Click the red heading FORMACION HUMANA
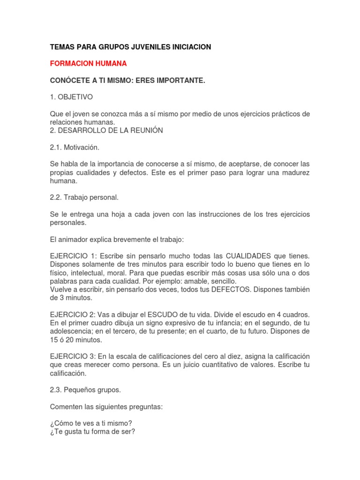[x=88, y=63]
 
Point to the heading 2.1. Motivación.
[x=75, y=147]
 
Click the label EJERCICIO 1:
[x=73, y=256]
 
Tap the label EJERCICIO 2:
[x=73, y=314]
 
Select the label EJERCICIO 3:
[x=73, y=357]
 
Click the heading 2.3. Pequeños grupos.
[x=85, y=390]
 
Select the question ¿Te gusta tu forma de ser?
[x=92, y=432]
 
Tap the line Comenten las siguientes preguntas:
[x=106, y=407]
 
